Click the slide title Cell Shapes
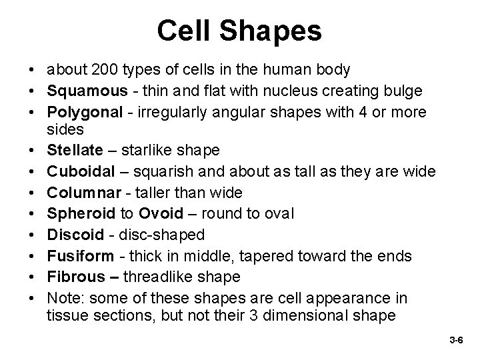(x=240, y=31)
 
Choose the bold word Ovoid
(x=157, y=215)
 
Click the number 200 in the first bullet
(x=105, y=69)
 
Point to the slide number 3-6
(x=456, y=340)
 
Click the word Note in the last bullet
(x=62, y=298)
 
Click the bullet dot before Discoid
(x=32, y=236)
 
